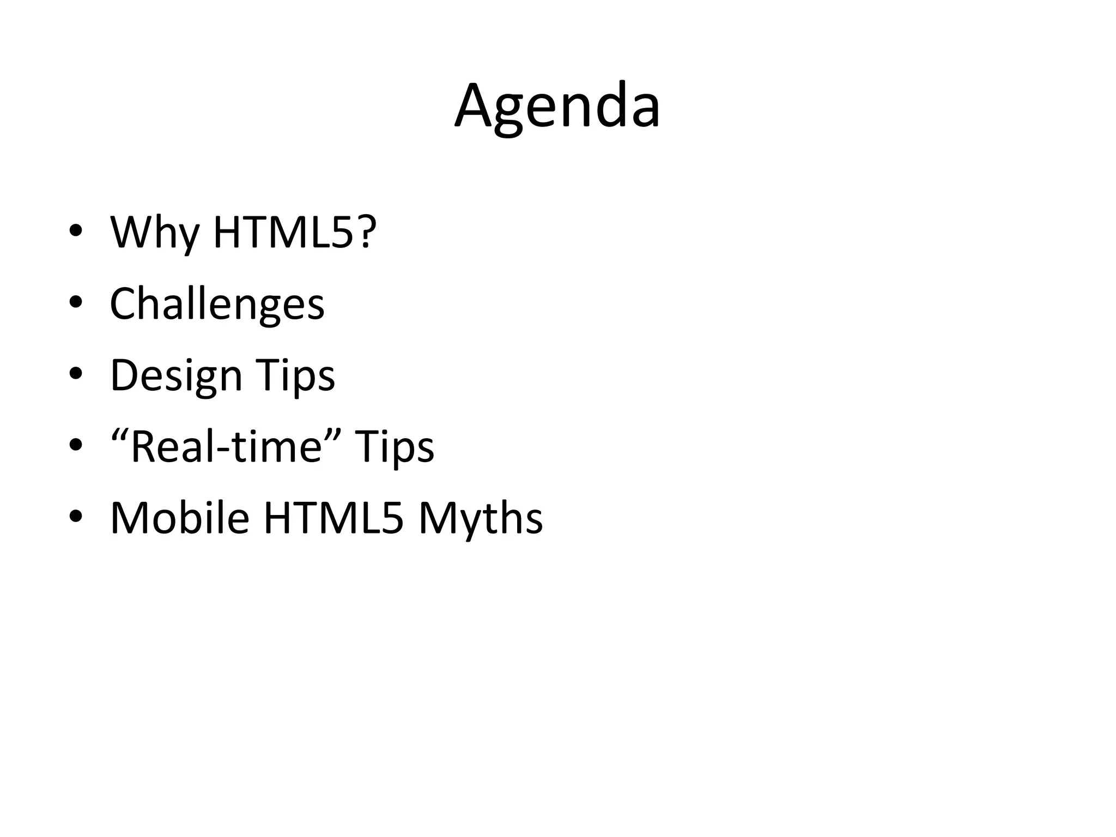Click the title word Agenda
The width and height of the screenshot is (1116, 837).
557,106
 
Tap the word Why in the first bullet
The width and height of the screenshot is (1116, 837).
155,233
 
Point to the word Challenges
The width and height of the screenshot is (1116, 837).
217,304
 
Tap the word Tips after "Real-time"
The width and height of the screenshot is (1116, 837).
395,447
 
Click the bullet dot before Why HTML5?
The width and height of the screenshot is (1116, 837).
76,231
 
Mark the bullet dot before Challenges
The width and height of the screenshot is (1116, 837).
76,302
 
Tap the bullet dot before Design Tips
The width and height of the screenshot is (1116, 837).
76,373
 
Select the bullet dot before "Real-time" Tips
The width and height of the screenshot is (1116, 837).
76,445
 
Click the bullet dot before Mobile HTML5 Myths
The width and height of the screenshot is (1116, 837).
76,516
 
